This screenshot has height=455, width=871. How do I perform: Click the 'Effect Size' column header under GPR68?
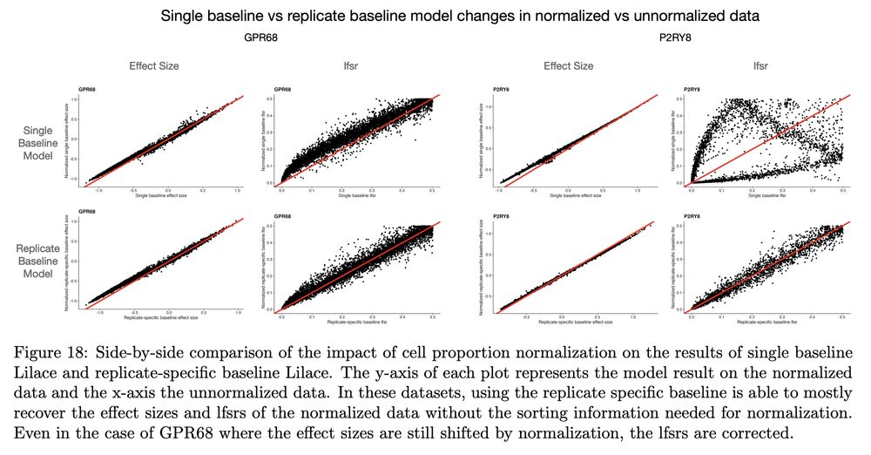[153, 66]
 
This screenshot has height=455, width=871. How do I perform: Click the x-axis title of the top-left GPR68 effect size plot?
[159, 195]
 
